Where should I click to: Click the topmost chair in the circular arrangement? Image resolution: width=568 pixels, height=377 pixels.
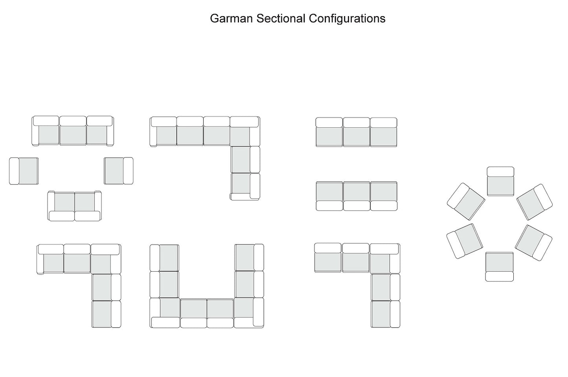point(500,181)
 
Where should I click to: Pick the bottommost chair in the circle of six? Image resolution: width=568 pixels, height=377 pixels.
point(499,267)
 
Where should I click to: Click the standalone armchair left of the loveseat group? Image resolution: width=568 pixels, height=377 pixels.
point(24,171)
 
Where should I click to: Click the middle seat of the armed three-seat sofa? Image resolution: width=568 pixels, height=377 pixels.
point(73,135)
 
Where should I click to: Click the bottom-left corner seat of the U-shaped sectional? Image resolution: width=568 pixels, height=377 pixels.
point(169,308)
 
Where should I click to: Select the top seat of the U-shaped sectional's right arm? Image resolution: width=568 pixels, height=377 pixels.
point(244,257)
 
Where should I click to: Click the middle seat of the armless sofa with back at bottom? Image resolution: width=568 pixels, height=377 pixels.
point(357,191)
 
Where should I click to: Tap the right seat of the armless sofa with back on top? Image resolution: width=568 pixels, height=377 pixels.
point(383,136)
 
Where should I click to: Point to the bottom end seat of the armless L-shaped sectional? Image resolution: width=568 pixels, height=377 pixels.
point(381,314)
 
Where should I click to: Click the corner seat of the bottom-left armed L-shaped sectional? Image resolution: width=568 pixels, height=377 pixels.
point(101,264)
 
